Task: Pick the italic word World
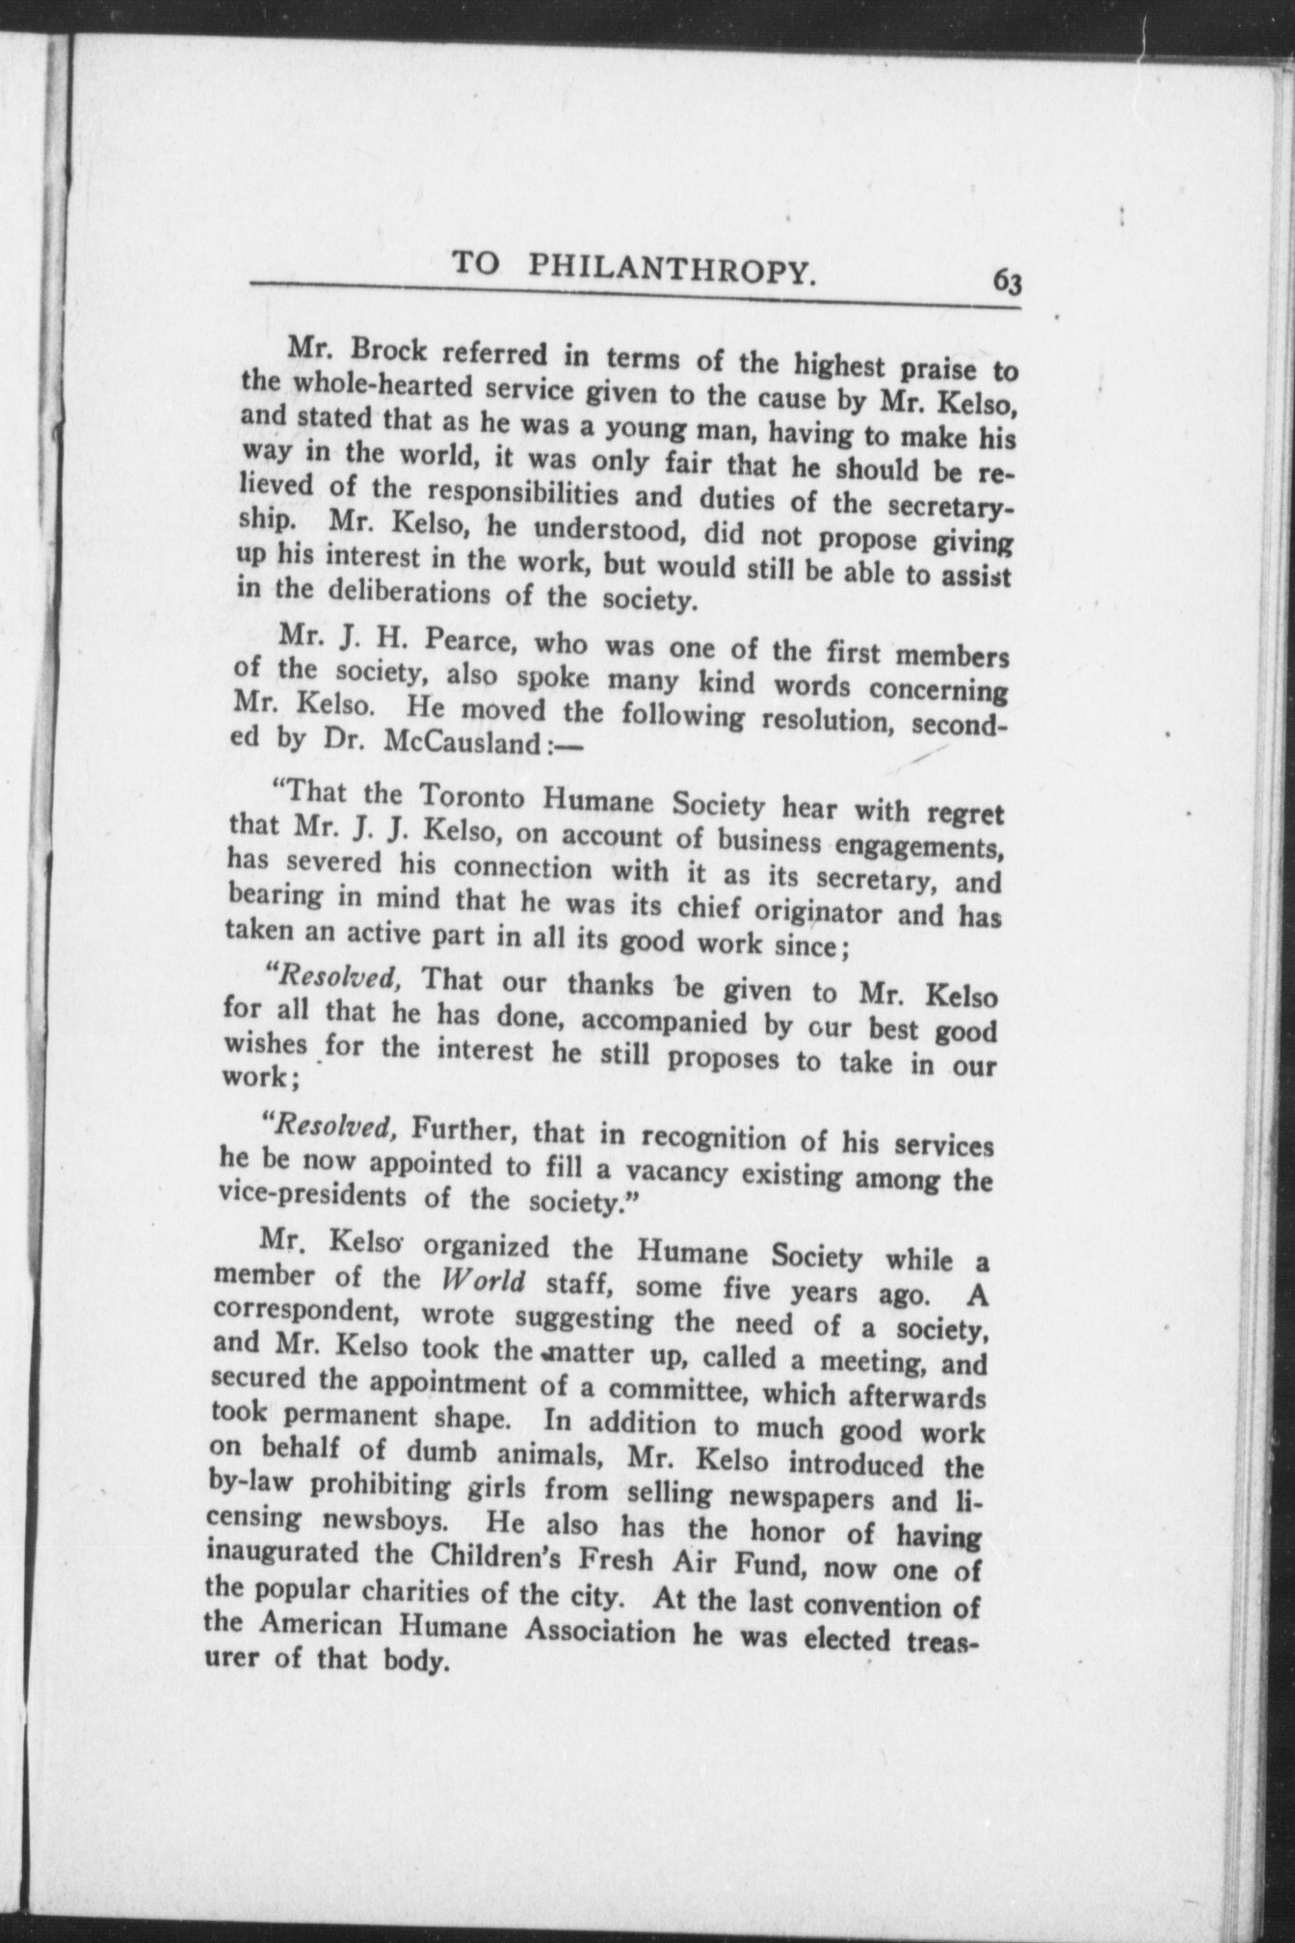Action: [x=484, y=1281]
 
